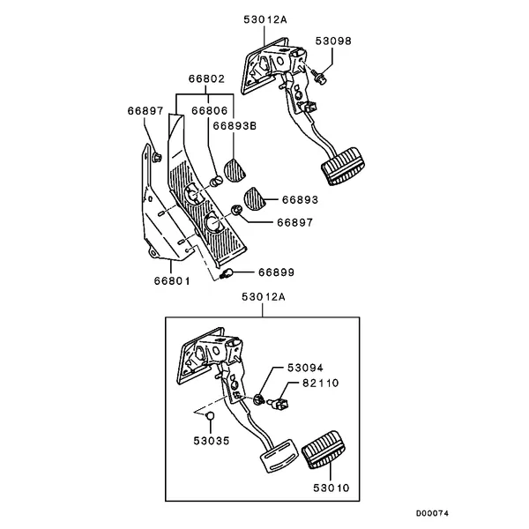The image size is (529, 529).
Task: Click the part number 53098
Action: [x=332, y=41]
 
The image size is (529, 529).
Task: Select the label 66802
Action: [x=205, y=78]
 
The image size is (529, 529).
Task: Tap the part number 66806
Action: [x=209, y=112]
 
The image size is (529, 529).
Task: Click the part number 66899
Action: [x=275, y=273]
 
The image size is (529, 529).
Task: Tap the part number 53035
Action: [x=212, y=438]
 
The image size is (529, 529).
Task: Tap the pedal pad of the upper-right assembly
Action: [x=342, y=170]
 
